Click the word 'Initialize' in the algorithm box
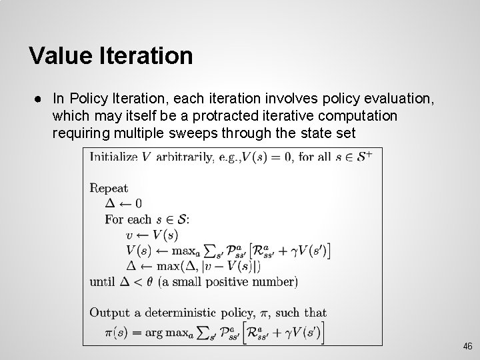pos(113,157)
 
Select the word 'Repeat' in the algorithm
pos(109,189)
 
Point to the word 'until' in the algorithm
pos(102,281)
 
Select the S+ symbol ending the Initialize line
pos(366,157)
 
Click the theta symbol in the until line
pos(151,281)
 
